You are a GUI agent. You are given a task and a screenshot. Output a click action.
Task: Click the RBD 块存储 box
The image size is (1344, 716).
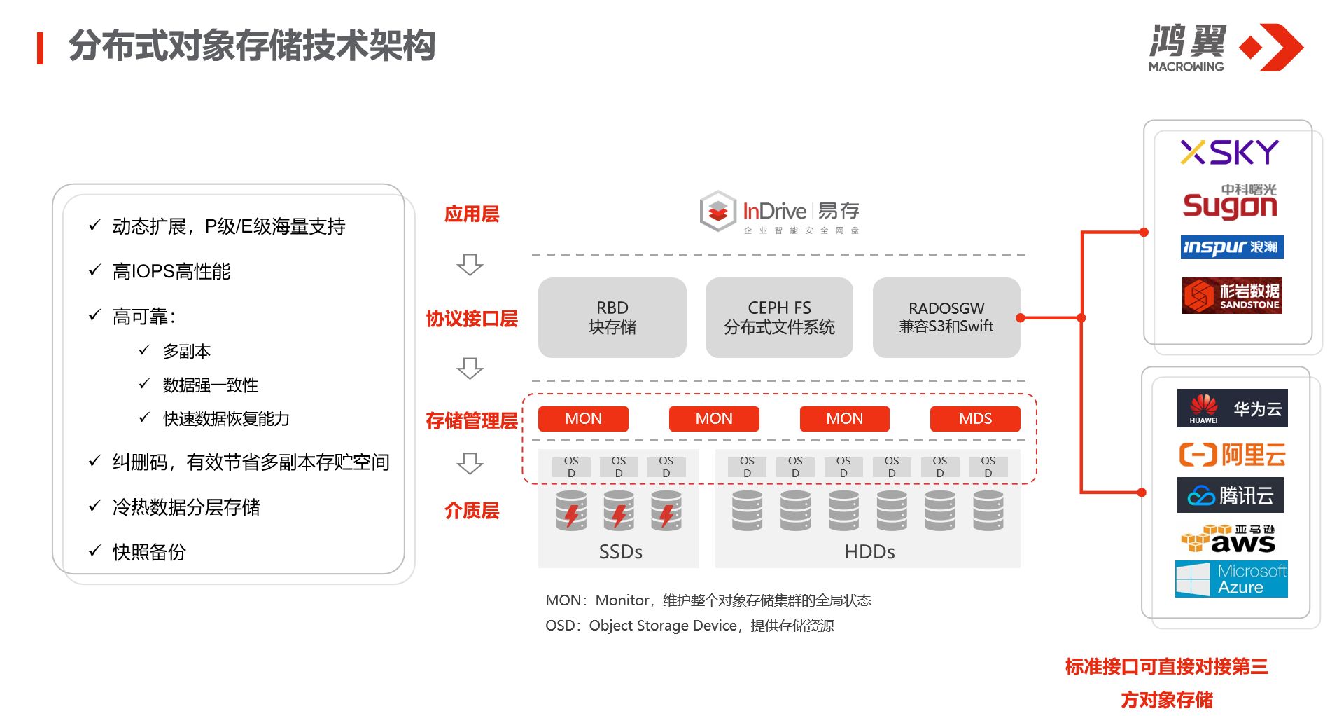tap(612, 317)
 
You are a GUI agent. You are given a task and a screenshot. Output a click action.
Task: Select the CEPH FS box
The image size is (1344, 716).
tap(779, 317)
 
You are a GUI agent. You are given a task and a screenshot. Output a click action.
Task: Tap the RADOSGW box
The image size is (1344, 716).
tap(946, 317)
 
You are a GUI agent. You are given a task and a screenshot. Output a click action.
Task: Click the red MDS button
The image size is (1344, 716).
tap(974, 418)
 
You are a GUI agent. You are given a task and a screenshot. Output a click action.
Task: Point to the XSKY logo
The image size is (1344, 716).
tap(1229, 152)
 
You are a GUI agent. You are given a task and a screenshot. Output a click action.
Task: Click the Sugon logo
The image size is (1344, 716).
tap(1230, 202)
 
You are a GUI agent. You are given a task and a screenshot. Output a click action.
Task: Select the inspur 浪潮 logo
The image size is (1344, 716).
tap(1231, 247)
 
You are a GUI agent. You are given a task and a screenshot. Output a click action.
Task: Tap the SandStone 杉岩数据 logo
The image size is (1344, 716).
tap(1232, 295)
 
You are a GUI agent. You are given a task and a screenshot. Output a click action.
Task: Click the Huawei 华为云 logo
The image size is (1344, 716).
tap(1232, 408)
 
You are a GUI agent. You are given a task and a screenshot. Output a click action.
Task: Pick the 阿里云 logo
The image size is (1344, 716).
tap(1232, 455)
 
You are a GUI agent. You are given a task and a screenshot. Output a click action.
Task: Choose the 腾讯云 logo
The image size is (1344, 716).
tap(1232, 495)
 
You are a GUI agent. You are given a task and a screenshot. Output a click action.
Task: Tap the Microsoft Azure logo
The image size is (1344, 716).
tap(1231, 579)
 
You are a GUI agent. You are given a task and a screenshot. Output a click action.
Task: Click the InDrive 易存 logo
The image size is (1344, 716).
tap(779, 212)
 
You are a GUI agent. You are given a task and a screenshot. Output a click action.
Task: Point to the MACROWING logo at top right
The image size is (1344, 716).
tap(1225, 48)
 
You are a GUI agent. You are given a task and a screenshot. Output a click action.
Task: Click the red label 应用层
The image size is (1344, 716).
tap(472, 214)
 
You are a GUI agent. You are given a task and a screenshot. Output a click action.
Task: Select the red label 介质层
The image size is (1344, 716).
tap(472, 511)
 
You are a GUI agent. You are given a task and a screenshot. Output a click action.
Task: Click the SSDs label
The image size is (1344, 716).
tap(620, 552)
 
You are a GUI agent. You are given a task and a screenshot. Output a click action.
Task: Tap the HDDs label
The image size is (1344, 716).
tap(869, 552)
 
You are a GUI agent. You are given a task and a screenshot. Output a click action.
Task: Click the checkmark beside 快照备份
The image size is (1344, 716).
tap(95, 551)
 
